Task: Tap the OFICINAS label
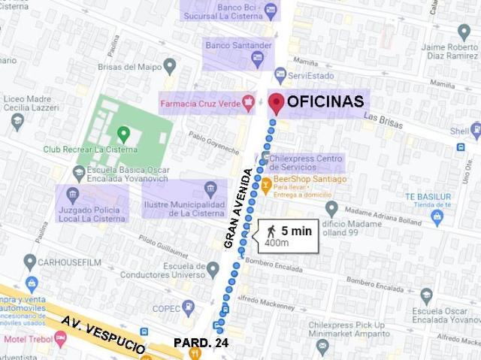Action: pos(325,101)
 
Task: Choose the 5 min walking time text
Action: pos(296,231)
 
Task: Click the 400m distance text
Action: pos(277,243)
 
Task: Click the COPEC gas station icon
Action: pos(189,307)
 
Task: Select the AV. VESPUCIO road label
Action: pos(104,336)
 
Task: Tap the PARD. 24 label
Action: pos(201,343)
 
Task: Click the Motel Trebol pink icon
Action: pos(61,339)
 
